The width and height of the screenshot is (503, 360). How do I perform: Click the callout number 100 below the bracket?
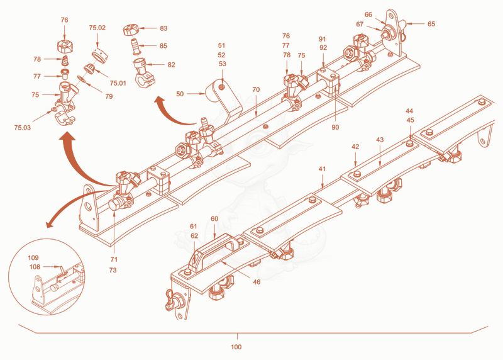[x=236, y=347]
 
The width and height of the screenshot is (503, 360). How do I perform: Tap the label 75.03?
[x=23, y=128]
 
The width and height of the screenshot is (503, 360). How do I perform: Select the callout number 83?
[x=163, y=28]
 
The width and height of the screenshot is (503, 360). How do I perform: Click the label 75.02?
[x=97, y=28]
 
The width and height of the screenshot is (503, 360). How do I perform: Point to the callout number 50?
[x=180, y=94]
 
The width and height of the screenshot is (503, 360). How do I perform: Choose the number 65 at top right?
[x=431, y=24]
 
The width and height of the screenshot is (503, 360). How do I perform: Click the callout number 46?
[x=257, y=282]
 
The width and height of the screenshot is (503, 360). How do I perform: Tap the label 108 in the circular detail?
[x=35, y=267]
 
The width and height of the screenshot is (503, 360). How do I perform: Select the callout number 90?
[x=335, y=127]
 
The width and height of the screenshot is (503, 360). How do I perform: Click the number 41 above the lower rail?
[x=322, y=169]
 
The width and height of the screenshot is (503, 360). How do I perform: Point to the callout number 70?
[x=256, y=89]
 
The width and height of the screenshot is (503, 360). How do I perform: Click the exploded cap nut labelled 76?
[x=65, y=46]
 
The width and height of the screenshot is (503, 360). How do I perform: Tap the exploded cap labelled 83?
[x=131, y=30]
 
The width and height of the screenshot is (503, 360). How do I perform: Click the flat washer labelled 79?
[x=82, y=79]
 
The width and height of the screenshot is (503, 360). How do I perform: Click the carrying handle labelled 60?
[x=214, y=251]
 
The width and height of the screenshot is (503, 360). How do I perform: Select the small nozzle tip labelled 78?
[x=65, y=60]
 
